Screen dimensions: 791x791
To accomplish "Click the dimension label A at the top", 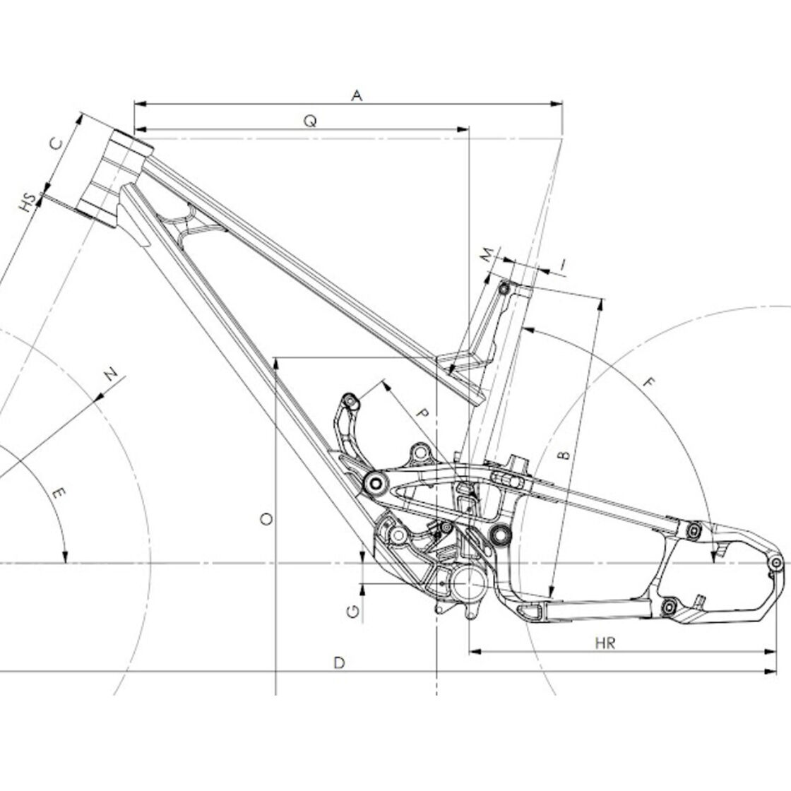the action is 357,95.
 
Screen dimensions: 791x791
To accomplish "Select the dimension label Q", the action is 311,121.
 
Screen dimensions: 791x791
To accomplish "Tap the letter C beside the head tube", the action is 56,144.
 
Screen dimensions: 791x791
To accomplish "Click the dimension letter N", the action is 111,375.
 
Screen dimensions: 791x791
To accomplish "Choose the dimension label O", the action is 266,518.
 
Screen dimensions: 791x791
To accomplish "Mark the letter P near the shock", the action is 423,414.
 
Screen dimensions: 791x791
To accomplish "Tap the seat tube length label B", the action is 564,455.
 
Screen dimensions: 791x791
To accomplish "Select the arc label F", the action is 649,382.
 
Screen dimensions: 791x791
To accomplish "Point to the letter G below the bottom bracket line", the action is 353,612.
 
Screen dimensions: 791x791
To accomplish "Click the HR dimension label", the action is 605,643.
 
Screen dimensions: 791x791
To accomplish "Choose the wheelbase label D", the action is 340,663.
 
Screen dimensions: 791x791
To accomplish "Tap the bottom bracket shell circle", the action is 469,583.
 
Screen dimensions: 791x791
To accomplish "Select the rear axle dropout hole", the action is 776,562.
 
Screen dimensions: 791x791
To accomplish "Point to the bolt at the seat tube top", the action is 504,289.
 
